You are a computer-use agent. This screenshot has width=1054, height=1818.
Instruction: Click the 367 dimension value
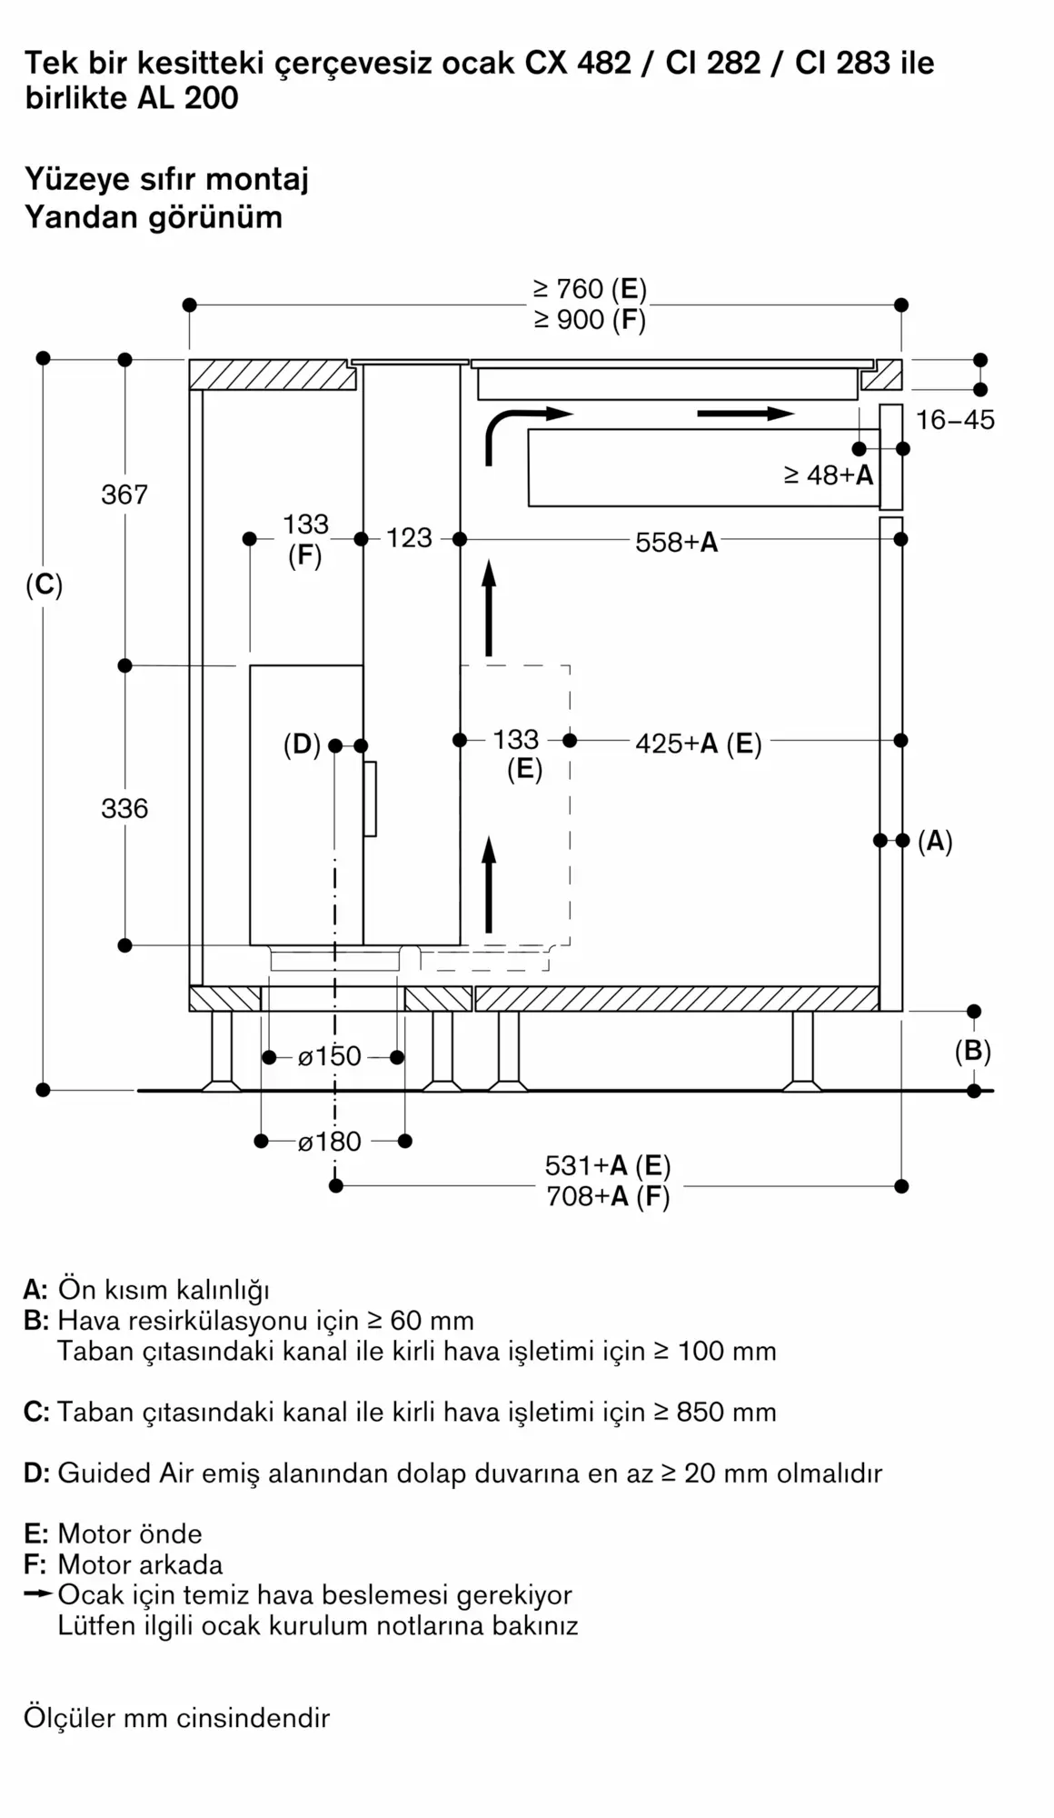(x=124, y=494)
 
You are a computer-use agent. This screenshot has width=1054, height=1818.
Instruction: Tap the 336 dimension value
(x=124, y=808)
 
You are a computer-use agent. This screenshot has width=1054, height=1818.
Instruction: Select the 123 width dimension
(x=409, y=538)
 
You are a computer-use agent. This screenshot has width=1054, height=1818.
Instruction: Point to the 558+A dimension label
(x=677, y=543)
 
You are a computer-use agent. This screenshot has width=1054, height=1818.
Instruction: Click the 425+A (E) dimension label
(x=699, y=744)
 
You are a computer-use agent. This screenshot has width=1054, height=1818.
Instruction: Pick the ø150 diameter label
(x=329, y=1056)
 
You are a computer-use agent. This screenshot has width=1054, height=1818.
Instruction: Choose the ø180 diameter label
(x=329, y=1141)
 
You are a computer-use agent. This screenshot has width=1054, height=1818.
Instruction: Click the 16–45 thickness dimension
(x=955, y=420)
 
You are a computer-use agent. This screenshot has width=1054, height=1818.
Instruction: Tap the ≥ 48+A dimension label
(x=829, y=474)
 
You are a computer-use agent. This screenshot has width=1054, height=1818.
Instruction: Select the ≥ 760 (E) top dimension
(x=590, y=289)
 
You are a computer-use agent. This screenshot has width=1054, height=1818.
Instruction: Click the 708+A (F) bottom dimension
(x=608, y=1196)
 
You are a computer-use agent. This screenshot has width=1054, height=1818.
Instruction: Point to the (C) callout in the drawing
(x=44, y=585)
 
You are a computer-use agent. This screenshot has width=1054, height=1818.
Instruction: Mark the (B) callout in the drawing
(x=972, y=1052)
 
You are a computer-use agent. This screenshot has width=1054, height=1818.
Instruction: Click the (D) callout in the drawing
(x=302, y=745)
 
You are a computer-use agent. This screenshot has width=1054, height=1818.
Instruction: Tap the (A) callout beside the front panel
(x=935, y=842)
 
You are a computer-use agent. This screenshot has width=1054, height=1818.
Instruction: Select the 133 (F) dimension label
(x=305, y=540)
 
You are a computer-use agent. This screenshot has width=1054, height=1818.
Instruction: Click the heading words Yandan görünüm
(x=154, y=217)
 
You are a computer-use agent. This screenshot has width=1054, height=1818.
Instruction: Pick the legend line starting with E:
(x=113, y=1533)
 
